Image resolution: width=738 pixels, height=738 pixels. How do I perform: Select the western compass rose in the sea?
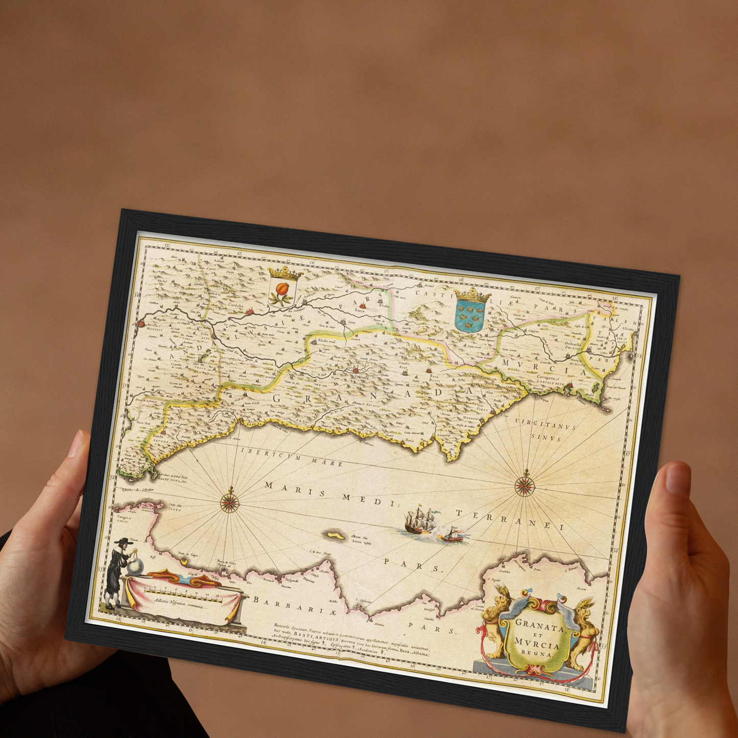[x=230, y=502]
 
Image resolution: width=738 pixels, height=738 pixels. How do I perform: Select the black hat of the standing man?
[x=122, y=540]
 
